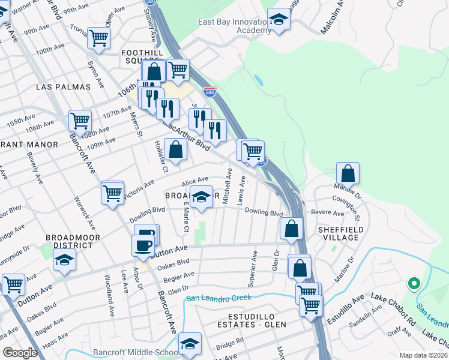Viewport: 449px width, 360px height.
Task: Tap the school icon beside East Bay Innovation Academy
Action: pos(279,20)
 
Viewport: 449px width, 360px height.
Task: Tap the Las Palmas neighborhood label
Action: pos(63,87)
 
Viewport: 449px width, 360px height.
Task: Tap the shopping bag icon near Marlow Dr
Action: pos(348,174)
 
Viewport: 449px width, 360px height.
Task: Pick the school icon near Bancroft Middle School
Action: pos(190,343)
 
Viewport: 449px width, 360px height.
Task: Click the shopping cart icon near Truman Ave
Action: pos(98,38)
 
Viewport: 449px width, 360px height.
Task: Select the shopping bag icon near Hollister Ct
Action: pos(175,150)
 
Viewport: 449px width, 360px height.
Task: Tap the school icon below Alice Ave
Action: pos(202,196)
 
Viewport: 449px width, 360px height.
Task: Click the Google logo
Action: pos(19,353)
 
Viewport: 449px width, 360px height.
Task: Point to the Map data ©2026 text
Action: pos(423,355)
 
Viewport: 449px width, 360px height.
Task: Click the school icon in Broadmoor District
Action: pos(64,260)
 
